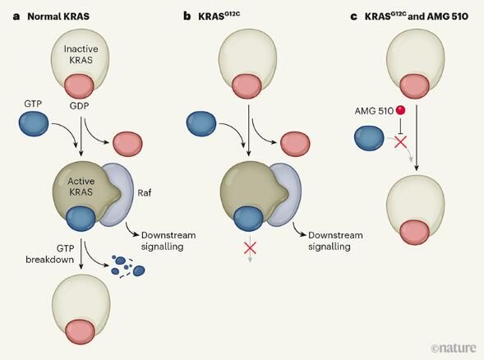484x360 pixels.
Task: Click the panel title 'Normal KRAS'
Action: pyautogui.click(x=58, y=16)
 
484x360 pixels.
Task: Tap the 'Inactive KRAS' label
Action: pyautogui.click(x=81, y=54)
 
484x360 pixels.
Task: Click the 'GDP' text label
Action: pyautogui.click(x=79, y=106)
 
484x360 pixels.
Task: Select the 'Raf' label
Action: pyautogui.click(x=144, y=193)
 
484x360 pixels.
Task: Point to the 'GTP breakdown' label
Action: pyautogui.click(x=50, y=254)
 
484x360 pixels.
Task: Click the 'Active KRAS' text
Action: pyautogui.click(x=81, y=187)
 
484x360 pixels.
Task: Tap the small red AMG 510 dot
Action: pyautogui.click(x=400, y=110)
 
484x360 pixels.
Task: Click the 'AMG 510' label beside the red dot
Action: pyautogui.click(x=374, y=111)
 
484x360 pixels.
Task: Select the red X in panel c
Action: pyautogui.click(x=401, y=141)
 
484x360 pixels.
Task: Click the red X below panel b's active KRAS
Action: pyautogui.click(x=250, y=247)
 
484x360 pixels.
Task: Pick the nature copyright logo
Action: pyautogui.click(x=454, y=348)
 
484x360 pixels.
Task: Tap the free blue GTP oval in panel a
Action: pyautogui.click(x=34, y=124)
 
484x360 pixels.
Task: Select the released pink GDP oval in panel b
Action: pyautogui.click(x=295, y=144)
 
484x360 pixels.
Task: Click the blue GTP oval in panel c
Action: pyautogui.click(x=369, y=138)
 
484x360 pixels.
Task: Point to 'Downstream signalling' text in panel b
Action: pyautogui.click(x=335, y=241)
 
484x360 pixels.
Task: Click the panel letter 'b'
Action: pyautogui.click(x=187, y=16)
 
